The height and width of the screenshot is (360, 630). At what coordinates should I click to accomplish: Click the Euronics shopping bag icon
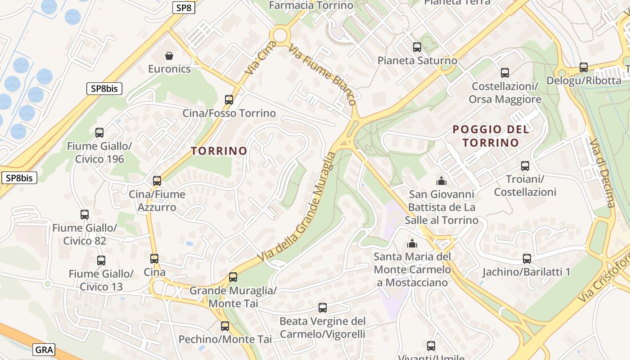(x=169, y=56)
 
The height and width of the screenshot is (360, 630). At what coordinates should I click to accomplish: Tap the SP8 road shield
(x=184, y=8)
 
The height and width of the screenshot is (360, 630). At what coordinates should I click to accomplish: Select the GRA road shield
(x=44, y=350)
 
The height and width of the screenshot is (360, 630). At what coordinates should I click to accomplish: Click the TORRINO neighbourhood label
(x=219, y=151)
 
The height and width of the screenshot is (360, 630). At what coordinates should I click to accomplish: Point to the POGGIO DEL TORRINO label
(x=490, y=136)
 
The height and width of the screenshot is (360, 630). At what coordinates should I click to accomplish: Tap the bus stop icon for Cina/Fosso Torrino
(x=229, y=99)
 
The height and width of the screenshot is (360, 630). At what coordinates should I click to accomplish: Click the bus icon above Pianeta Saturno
(x=417, y=47)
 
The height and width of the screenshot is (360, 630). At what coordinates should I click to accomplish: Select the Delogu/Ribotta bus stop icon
(x=584, y=67)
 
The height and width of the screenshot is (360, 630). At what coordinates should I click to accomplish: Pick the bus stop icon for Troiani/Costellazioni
(x=525, y=166)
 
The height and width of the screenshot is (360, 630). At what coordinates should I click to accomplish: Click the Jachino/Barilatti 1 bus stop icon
(x=527, y=259)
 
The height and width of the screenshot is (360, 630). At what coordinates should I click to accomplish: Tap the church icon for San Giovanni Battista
(x=441, y=181)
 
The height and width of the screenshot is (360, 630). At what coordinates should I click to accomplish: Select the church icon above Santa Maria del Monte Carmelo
(x=412, y=243)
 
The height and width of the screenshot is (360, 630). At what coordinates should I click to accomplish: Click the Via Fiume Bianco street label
(x=323, y=75)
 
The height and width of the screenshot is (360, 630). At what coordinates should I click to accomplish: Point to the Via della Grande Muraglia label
(x=297, y=207)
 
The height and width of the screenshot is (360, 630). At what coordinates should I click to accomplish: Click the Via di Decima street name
(x=603, y=173)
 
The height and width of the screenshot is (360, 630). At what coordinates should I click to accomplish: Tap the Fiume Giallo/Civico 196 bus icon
(x=99, y=132)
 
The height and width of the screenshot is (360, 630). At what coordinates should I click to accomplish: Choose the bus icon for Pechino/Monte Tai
(x=225, y=326)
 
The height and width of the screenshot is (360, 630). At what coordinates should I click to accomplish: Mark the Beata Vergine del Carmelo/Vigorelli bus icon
(x=323, y=308)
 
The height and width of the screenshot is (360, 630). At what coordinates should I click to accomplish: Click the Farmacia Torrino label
(x=311, y=5)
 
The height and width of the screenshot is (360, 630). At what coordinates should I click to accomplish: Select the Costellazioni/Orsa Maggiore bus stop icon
(x=505, y=72)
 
